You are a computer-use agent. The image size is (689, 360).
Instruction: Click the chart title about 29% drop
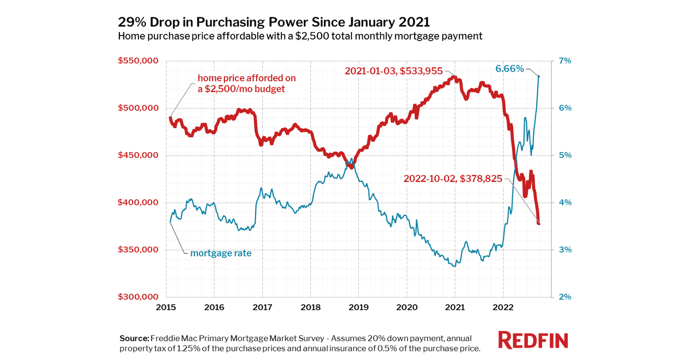pyautogui.click(x=274, y=22)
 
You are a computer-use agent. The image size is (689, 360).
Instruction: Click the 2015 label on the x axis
pyautogui.click(x=166, y=307)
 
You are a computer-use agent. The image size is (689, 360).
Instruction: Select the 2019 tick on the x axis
pyautogui.click(x=358, y=307)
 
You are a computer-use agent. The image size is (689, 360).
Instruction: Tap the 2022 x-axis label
pyautogui.click(x=503, y=307)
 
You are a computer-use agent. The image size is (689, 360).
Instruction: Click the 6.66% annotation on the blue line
pyautogui.click(x=509, y=69)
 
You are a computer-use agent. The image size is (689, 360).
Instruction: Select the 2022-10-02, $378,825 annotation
pyautogui.click(x=453, y=179)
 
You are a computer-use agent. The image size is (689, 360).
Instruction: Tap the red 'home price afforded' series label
pyautogui.click(x=242, y=83)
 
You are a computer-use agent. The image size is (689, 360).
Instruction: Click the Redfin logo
pyautogui.click(x=533, y=339)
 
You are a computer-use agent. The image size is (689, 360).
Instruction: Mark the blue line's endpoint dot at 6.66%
pyautogui.click(x=539, y=76)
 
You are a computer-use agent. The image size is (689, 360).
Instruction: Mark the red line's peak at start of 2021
pyautogui.click(x=454, y=76)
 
